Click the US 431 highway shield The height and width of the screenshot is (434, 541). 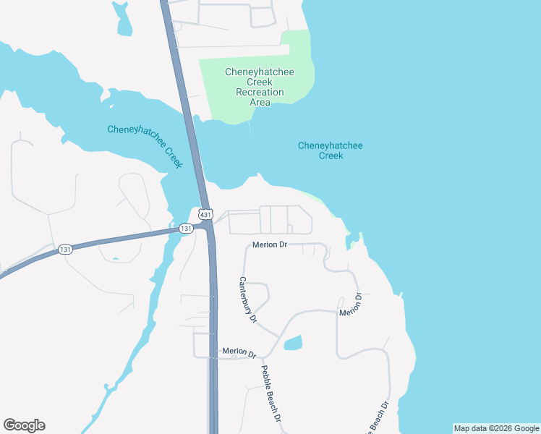(x=206, y=215)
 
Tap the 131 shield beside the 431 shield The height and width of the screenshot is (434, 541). (x=186, y=229)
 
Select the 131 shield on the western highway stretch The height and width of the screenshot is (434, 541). (x=66, y=250)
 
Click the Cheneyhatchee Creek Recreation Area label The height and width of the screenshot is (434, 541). (x=260, y=87)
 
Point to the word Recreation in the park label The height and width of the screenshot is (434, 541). (x=260, y=92)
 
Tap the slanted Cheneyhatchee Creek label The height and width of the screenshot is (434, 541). (x=145, y=145)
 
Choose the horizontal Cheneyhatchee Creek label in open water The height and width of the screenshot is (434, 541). (x=331, y=150)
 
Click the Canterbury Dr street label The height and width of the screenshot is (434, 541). (x=248, y=299)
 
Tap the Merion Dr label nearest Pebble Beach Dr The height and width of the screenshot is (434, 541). (x=239, y=352)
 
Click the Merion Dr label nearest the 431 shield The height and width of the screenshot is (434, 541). (x=270, y=245)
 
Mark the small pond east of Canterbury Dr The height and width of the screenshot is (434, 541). (x=293, y=343)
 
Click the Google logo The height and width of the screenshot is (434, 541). (x=24, y=425)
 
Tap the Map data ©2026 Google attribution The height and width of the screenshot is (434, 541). (x=496, y=428)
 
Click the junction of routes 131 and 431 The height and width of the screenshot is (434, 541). (x=208, y=228)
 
